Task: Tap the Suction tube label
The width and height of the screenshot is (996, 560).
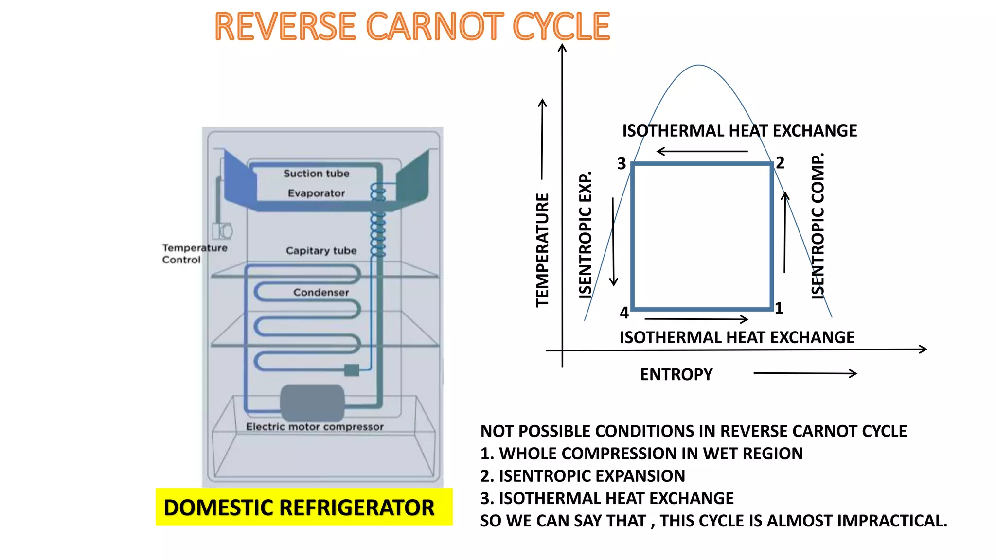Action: pyautogui.click(x=316, y=174)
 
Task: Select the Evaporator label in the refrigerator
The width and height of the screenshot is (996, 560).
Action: pyautogui.click(x=316, y=193)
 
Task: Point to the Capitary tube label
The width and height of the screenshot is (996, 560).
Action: pyautogui.click(x=321, y=251)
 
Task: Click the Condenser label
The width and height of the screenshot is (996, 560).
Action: pyautogui.click(x=321, y=292)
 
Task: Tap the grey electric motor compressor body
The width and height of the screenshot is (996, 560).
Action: pyautogui.click(x=312, y=402)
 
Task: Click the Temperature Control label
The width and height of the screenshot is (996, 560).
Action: pyautogui.click(x=194, y=254)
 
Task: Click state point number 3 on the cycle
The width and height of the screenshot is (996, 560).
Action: pyautogui.click(x=622, y=164)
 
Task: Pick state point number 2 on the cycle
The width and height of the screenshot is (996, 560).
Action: pyautogui.click(x=780, y=163)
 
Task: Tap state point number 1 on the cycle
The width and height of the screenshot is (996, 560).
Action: pyautogui.click(x=779, y=308)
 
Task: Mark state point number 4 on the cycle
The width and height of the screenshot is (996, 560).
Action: pyautogui.click(x=624, y=313)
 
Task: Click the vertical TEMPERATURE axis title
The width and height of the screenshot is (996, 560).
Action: pyautogui.click(x=542, y=250)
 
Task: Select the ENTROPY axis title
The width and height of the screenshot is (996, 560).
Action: pyautogui.click(x=676, y=374)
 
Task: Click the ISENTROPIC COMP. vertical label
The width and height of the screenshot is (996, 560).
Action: pyautogui.click(x=818, y=226)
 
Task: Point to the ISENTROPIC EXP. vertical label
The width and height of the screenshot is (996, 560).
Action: pyautogui.click(x=586, y=234)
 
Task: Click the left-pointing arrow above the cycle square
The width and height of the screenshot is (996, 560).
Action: pyautogui.click(x=702, y=152)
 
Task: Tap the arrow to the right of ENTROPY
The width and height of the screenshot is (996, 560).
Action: pyautogui.click(x=805, y=373)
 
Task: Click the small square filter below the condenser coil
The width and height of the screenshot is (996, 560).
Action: pyautogui.click(x=351, y=370)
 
